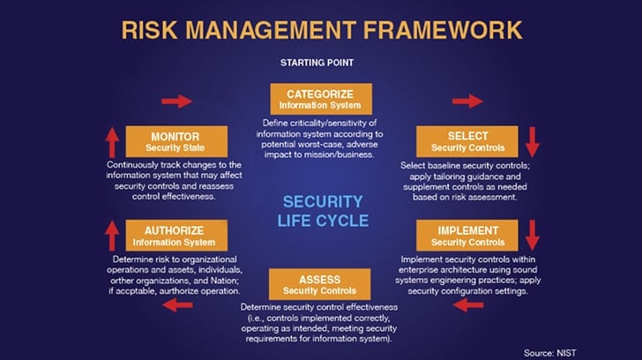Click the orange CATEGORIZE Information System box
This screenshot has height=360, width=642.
pyautogui.click(x=321, y=99)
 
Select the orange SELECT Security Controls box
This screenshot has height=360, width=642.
pyautogui.click(x=467, y=142)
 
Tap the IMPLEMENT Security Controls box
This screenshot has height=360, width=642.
pyautogui.click(x=467, y=236)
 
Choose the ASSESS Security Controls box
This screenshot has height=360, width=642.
pyautogui.click(x=320, y=284)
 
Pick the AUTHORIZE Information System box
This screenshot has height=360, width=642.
pyautogui.click(x=176, y=236)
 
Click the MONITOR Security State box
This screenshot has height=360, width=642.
pyautogui.click(x=176, y=142)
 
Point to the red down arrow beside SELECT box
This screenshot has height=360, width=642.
pyautogui.click(x=533, y=142)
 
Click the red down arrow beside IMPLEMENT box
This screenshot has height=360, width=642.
pyautogui.click(x=533, y=236)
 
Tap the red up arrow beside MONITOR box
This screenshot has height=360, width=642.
pyautogui.click(x=112, y=142)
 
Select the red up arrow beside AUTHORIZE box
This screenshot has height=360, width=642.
pyautogui.click(x=112, y=236)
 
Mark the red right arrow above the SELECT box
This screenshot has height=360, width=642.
pyautogui.click(x=467, y=101)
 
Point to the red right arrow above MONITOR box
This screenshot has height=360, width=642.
pyautogui.click(x=177, y=101)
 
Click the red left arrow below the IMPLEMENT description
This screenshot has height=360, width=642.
pyautogui.click(x=468, y=304)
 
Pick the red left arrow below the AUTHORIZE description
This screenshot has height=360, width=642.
pyautogui.click(x=178, y=304)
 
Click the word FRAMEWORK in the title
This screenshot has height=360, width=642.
pyautogui.click(x=443, y=30)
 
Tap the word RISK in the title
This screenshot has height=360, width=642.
pyautogui.click(x=149, y=30)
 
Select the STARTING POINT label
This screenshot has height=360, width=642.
pyautogui.click(x=317, y=63)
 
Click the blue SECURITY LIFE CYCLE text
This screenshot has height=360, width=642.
pyautogui.click(x=323, y=212)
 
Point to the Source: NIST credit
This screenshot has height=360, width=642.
pyautogui.click(x=550, y=353)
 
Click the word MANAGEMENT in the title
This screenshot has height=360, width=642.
pyautogui.click(x=271, y=30)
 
